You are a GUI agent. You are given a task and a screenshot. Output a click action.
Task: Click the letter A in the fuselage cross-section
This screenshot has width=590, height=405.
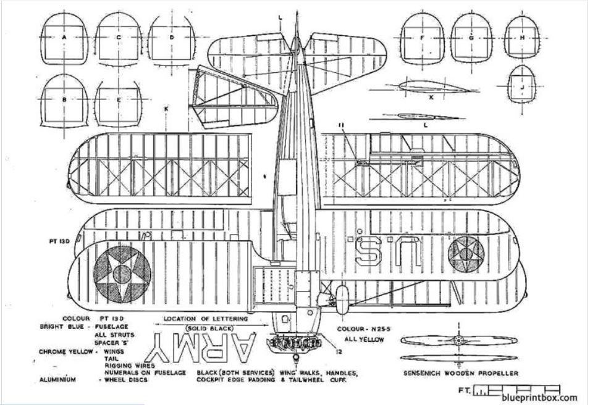(64, 37)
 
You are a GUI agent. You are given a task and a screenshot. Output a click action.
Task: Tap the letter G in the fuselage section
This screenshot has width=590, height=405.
(471, 38)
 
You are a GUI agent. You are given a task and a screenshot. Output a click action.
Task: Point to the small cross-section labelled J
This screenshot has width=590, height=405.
(523, 87)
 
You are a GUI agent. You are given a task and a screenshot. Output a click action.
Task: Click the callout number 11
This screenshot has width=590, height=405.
(340, 125)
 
